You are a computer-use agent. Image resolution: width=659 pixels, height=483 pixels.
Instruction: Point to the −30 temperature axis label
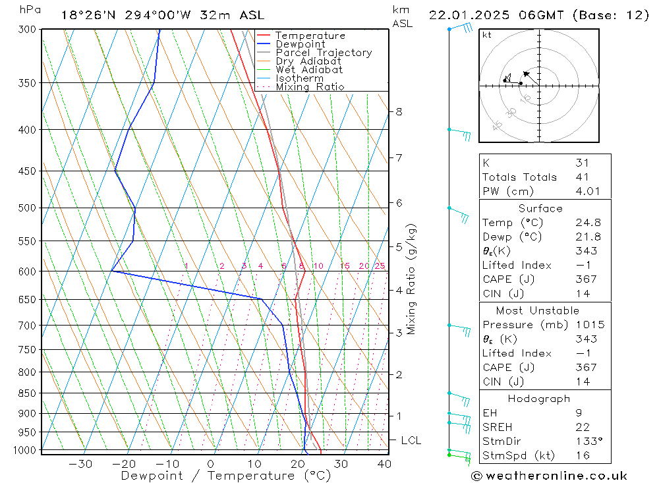[80, 464]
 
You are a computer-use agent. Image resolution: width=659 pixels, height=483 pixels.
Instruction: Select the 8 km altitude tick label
[399, 111]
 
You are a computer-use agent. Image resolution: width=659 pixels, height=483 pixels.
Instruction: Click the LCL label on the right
[411, 440]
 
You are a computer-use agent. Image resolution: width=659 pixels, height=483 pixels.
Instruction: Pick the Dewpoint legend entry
[300, 44]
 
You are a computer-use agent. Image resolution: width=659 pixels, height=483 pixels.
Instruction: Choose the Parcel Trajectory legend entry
[324, 53]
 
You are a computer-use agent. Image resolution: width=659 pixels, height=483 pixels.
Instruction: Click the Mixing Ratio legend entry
[310, 86]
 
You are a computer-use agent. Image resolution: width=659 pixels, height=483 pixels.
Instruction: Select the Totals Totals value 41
[581, 177]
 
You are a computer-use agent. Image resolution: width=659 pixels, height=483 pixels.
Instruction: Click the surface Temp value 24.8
[588, 223]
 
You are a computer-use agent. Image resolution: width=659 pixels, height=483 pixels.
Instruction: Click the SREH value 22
[582, 427]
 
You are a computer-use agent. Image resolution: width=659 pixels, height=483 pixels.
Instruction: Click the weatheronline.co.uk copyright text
[549, 476]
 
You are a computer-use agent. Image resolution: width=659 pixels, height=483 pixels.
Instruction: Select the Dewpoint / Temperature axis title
[225, 475]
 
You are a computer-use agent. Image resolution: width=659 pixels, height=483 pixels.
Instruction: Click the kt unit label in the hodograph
[486, 35]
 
